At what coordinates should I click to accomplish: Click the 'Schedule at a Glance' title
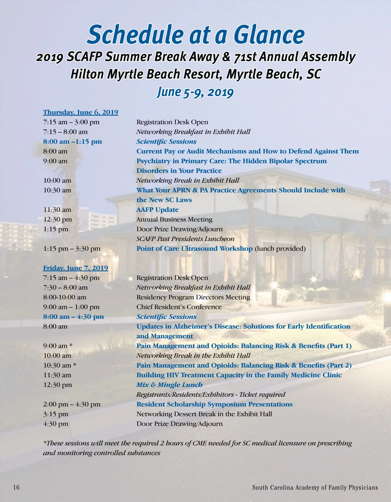[195, 35]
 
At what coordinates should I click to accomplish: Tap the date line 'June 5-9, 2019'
[195, 92]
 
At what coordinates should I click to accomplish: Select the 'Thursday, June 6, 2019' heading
[80, 112]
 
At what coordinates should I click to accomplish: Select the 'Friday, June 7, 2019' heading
[76, 268]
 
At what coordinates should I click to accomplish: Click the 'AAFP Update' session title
[157, 210]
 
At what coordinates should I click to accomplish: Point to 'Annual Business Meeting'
[174, 219]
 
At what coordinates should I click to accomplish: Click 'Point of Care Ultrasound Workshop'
[195, 248]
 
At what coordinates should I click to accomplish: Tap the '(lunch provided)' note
[280, 249]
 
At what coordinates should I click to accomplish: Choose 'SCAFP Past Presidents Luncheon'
[185, 239]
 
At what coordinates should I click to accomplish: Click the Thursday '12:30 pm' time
[58, 219]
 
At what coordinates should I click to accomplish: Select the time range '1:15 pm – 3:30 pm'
[72, 249]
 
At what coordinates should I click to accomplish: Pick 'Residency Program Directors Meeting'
[193, 297]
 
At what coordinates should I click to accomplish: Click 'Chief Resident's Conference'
[179, 307]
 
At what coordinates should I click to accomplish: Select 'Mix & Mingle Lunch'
[169, 385]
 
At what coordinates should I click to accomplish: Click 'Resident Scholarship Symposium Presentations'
[214, 404]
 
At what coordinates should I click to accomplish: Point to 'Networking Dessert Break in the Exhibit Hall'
[204, 414]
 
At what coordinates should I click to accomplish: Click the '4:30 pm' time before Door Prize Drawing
[56, 424]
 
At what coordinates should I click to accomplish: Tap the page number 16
[16, 487]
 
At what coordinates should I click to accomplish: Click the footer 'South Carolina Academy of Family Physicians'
[315, 488]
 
